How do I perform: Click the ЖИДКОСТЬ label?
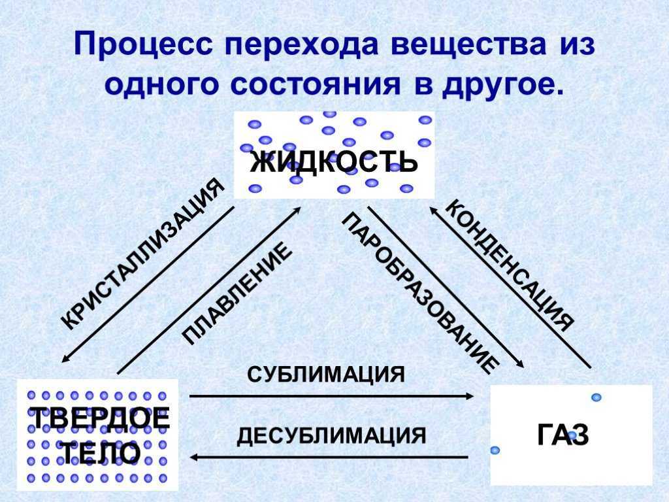click(x=334, y=161)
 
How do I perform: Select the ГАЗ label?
click(x=563, y=435)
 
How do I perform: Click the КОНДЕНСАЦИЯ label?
click(x=510, y=265)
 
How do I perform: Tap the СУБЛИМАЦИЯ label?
click(x=326, y=375)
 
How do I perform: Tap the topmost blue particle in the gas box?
click(x=596, y=397)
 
